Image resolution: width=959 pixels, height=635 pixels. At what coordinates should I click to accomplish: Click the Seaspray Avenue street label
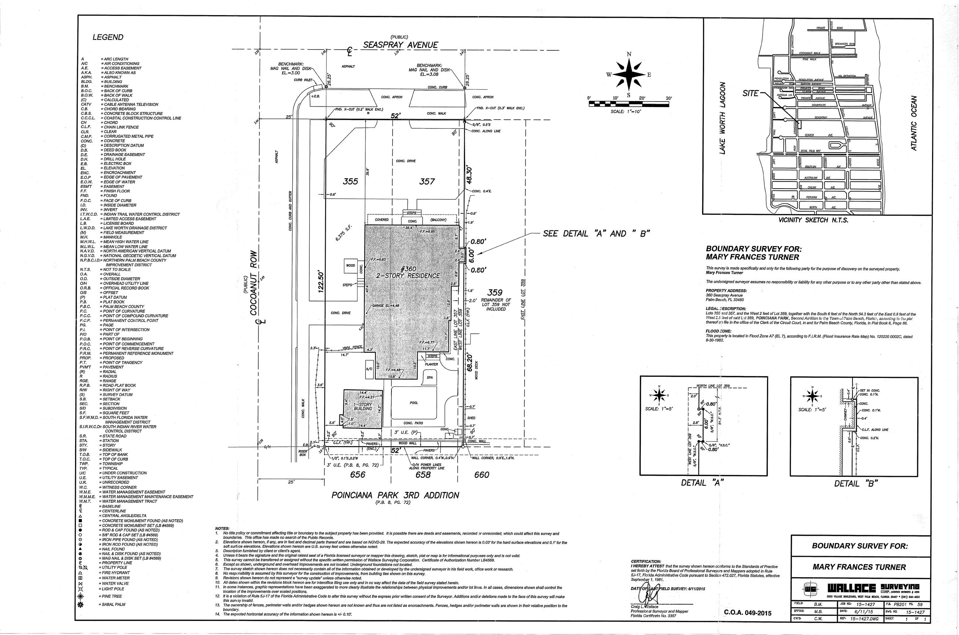(400, 45)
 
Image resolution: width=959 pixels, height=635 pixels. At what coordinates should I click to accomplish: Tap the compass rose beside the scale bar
(629, 75)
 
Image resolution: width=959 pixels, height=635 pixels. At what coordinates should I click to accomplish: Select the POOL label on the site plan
(413, 403)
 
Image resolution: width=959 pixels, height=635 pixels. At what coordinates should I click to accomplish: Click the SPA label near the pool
(430, 378)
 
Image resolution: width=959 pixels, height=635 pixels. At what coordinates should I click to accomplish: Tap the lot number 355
(350, 182)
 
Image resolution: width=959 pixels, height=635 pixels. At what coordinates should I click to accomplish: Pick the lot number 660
(482, 475)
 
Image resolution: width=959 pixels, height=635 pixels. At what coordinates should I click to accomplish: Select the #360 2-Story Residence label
(408, 273)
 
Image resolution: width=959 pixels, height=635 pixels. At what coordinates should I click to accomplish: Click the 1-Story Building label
(363, 406)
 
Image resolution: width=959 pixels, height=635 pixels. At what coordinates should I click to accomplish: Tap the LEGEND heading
(108, 37)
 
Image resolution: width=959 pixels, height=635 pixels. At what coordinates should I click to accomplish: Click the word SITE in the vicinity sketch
(751, 93)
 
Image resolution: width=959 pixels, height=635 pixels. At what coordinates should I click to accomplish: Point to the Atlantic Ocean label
(913, 123)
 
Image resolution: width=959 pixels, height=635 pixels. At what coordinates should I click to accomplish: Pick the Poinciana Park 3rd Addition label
(395, 495)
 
